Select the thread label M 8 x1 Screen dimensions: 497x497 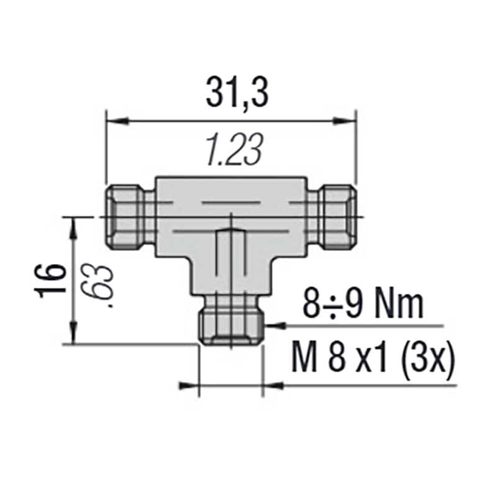click(x=344, y=359)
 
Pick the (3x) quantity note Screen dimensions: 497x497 click(x=426, y=359)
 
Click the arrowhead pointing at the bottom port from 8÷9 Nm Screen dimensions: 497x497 click(x=273, y=325)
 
